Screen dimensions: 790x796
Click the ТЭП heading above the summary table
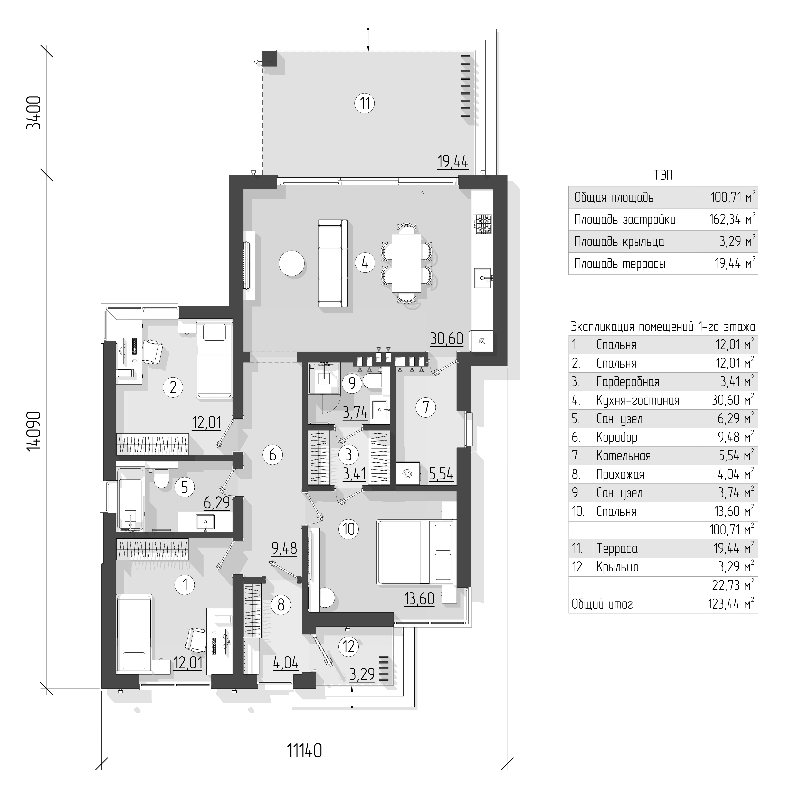pyautogui.click(x=663, y=176)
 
